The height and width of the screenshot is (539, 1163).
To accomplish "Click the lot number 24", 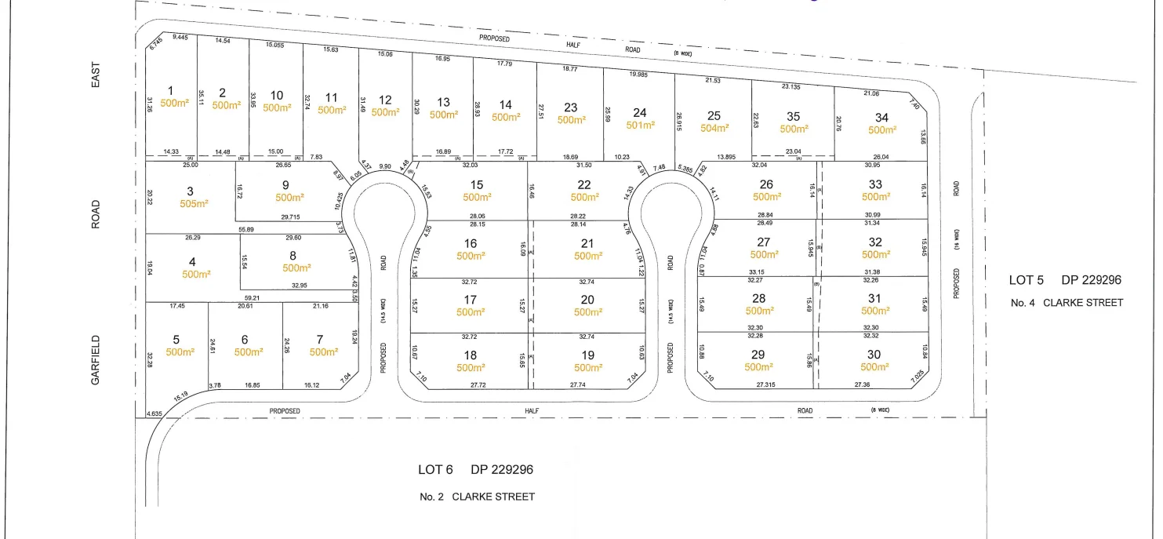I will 640,112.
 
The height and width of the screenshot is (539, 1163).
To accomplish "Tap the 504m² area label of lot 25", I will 714,128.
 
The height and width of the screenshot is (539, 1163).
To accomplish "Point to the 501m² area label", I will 640,125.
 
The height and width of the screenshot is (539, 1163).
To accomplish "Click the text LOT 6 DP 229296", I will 475,470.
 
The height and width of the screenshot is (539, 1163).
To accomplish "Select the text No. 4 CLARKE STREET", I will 1067,302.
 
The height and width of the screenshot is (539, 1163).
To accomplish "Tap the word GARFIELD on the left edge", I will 95,360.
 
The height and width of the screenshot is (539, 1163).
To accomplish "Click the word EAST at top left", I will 96,75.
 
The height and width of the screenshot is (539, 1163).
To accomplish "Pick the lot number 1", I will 171,91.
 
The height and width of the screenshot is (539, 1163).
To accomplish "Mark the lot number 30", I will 874,355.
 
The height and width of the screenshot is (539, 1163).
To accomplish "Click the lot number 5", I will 176,340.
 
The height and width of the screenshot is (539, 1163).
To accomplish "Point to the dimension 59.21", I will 251,298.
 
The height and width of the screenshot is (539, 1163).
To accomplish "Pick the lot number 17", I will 470,300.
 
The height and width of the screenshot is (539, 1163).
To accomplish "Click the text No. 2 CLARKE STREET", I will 477,497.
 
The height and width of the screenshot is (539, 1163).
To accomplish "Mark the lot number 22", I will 583,184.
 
